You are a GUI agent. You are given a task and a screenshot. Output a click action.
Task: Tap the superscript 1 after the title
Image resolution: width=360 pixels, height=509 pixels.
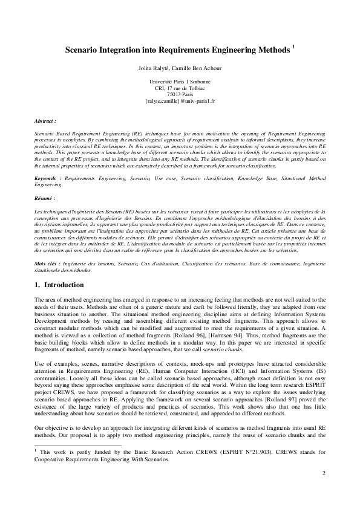point(293,48)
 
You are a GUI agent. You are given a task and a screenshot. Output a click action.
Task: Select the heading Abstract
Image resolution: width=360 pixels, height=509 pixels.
point(45,121)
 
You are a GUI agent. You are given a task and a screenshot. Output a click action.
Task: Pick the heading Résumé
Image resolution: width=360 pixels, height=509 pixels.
point(45,198)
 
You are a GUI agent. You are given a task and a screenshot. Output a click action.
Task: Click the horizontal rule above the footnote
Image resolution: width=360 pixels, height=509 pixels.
point(78,445)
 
